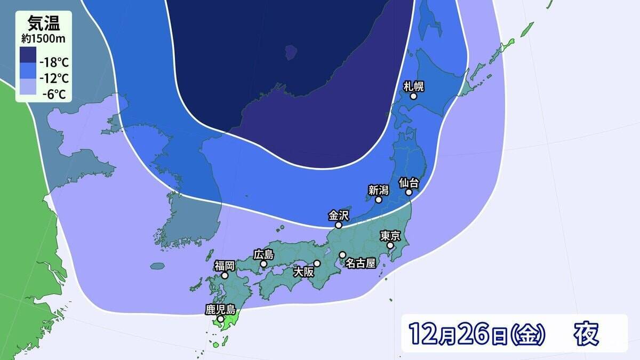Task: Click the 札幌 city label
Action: tap(414, 86)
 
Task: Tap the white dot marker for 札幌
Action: tap(413, 97)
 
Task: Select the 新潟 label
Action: tap(378, 189)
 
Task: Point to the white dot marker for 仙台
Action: tap(409, 193)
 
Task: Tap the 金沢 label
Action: tap(339, 215)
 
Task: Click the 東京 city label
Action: tap(390, 235)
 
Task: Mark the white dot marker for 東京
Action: tap(390, 245)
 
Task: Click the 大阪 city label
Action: tap(305, 271)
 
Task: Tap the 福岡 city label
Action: tap(225, 266)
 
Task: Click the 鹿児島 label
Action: tap(220, 309)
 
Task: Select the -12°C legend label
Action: tap(55, 78)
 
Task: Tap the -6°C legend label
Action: tap(55, 95)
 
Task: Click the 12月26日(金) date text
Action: tap(477, 334)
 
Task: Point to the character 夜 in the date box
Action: tap(586, 334)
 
